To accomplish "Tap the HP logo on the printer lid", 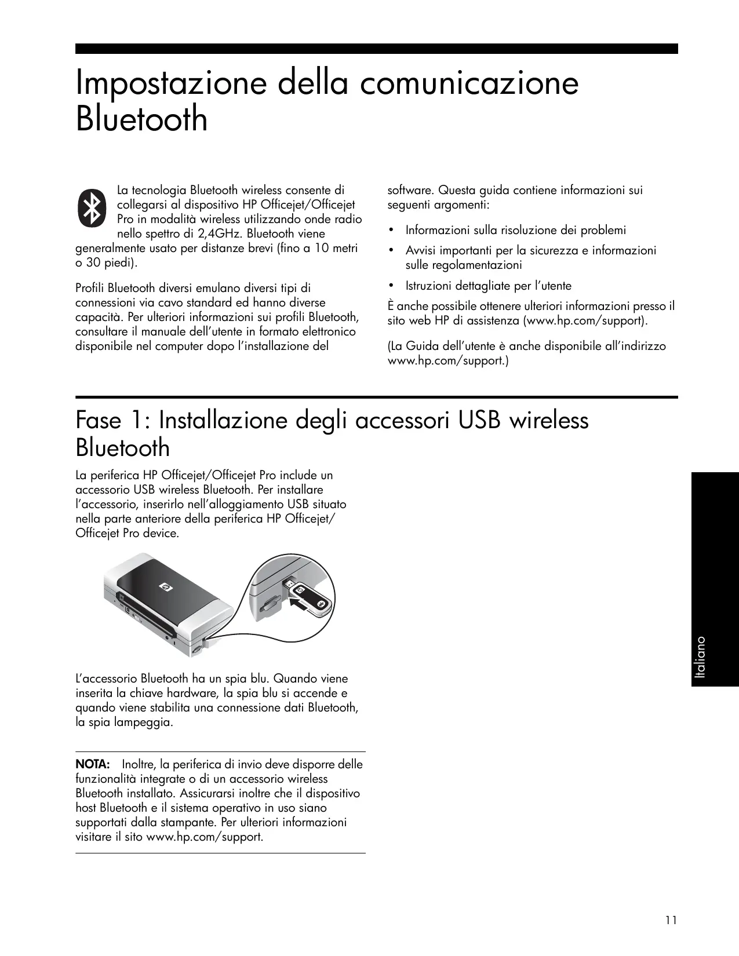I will (x=166, y=588).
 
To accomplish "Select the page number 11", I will (x=671, y=920).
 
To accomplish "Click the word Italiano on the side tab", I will (x=702, y=658).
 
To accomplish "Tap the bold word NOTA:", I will (x=93, y=764).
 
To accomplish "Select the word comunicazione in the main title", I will (x=469, y=84).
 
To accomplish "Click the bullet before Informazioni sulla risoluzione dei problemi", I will (x=392, y=231).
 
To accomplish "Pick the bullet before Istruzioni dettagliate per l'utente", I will (x=392, y=286).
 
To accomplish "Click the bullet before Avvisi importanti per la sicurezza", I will (x=392, y=251).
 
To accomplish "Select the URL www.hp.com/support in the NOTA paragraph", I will (x=204, y=837).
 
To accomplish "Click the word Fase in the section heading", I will (x=99, y=420).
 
